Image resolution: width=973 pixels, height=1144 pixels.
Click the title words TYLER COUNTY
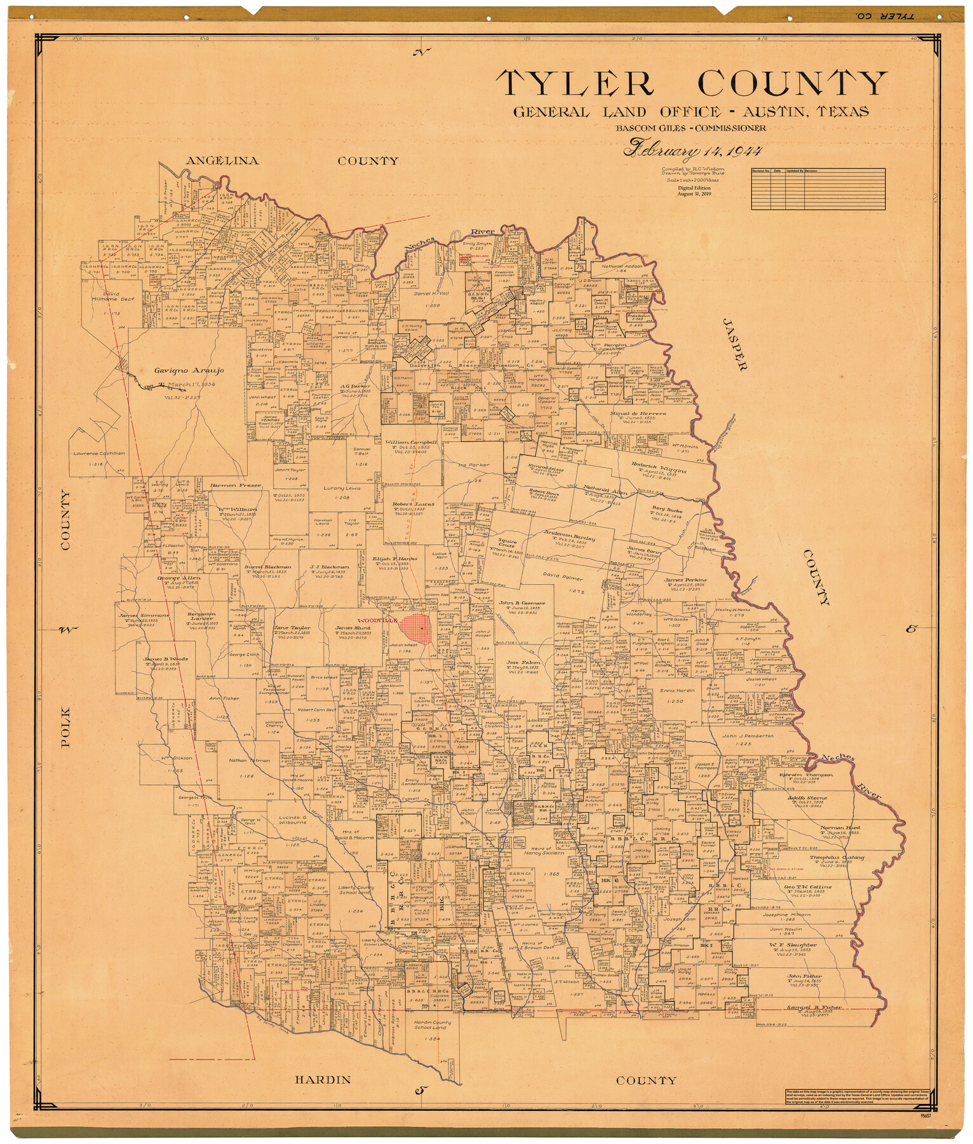[x=692, y=83]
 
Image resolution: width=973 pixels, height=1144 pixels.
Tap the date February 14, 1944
[x=692, y=150]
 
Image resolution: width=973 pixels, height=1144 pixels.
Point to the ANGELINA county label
[x=222, y=161]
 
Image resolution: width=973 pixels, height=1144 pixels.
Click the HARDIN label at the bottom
[x=323, y=1079]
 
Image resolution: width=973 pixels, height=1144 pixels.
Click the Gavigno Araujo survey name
[x=189, y=370]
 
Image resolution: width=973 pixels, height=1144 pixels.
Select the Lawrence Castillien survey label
[x=98, y=453]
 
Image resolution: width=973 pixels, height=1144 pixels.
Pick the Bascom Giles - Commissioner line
[x=690, y=128]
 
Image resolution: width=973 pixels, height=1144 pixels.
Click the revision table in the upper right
[x=817, y=188]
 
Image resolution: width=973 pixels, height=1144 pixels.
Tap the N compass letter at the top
[x=421, y=53]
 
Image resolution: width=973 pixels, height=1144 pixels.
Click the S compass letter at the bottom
[x=420, y=1091]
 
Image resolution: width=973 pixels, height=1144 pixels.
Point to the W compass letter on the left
[x=66, y=630]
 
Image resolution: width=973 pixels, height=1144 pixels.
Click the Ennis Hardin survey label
[x=676, y=690]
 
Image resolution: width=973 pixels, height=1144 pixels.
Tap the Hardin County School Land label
[x=432, y=1025]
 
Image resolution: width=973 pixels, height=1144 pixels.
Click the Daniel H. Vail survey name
[x=431, y=294]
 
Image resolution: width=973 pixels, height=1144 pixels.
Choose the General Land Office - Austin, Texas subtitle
[x=690, y=112]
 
